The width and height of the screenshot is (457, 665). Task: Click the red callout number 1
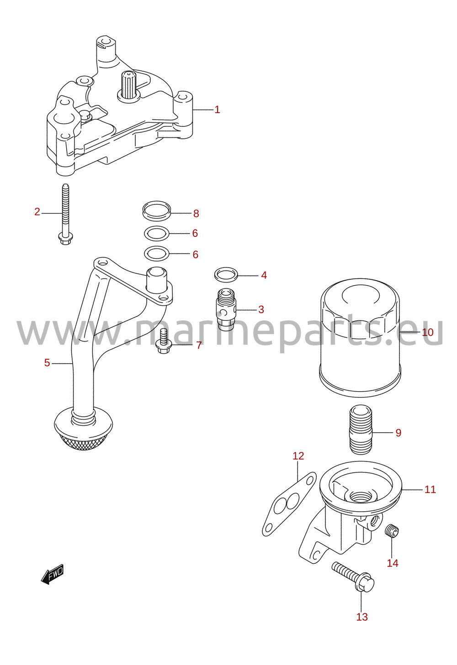pos(218,110)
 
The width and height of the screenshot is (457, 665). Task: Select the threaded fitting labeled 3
pos(227,309)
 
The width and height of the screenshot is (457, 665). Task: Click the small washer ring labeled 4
pos(226,275)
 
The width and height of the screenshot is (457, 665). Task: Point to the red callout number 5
pos(47,363)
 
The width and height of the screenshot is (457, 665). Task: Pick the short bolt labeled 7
pos(164,342)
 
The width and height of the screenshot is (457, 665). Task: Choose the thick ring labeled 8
pos(157,211)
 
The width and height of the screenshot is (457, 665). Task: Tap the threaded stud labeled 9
pos(361,429)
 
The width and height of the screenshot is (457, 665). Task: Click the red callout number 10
pos(428,332)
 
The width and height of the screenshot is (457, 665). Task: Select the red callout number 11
pos(430,489)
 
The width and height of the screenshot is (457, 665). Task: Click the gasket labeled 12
pos(288,504)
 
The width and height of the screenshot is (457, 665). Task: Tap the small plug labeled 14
pos(392,531)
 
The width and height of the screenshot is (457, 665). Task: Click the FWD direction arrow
pos(53,574)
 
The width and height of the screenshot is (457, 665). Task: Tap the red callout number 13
pos(362,617)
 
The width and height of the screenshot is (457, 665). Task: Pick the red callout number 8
pos(196,214)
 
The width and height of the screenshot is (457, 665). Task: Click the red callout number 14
pos(393,563)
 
